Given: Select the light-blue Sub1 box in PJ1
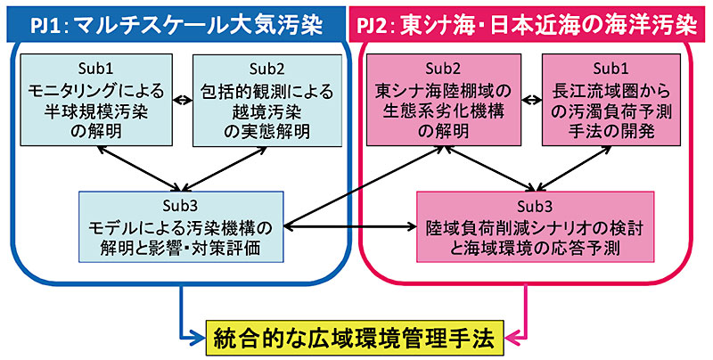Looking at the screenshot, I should click(x=94, y=101).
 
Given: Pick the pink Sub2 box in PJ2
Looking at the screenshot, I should click(x=442, y=101).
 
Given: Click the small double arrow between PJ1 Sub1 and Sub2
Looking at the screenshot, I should click(x=182, y=100).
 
